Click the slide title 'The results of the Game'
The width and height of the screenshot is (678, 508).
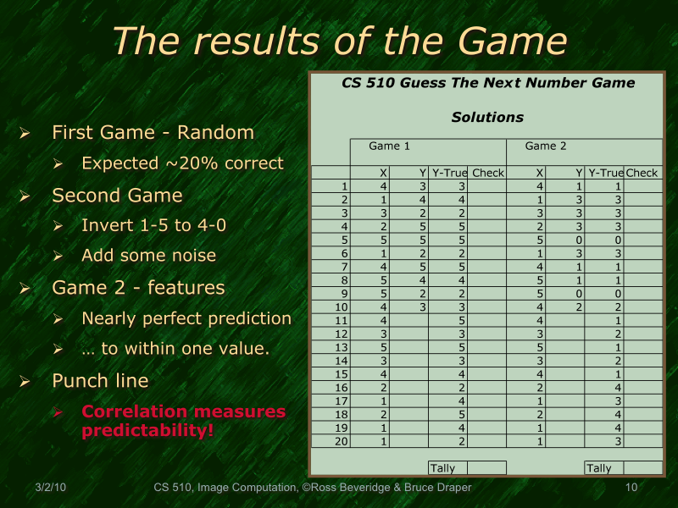pyautogui.click(x=339, y=41)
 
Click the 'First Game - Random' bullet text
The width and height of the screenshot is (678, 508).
pyautogui.click(x=153, y=133)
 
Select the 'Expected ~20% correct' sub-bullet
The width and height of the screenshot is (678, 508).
pyautogui.click(x=182, y=163)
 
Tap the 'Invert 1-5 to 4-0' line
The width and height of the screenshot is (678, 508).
pyautogui.click(x=153, y=226)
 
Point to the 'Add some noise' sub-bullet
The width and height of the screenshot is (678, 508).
pyautogui.click(x=148, y=256)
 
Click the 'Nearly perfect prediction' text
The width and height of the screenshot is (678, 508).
pyautogui.click(x=186, y=319)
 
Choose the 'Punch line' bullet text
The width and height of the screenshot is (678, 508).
pyautogui.click(x=101, y=381)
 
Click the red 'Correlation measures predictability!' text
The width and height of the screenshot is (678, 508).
pyautogui.click(x=183, y=421)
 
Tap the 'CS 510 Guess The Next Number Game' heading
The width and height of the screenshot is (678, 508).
pyautogui.click(x=487, y=83)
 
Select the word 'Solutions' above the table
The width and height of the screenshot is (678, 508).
pyautogui.click(x=487, y=118)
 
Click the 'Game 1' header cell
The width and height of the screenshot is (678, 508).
pyautogui.click(x=390, y=146)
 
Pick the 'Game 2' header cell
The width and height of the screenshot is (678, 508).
pyautogui.click(x=546, y=146)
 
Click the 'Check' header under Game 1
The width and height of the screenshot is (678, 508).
pyautogui.click(x=488, y=174)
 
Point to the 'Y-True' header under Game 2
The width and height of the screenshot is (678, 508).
pyautogui.click(x=605, y=174)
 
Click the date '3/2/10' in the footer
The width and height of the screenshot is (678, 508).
pyautogui.click(x=52, y=488)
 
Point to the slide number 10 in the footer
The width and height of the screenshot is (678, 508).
pyautogui.click(x=631, y=488)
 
